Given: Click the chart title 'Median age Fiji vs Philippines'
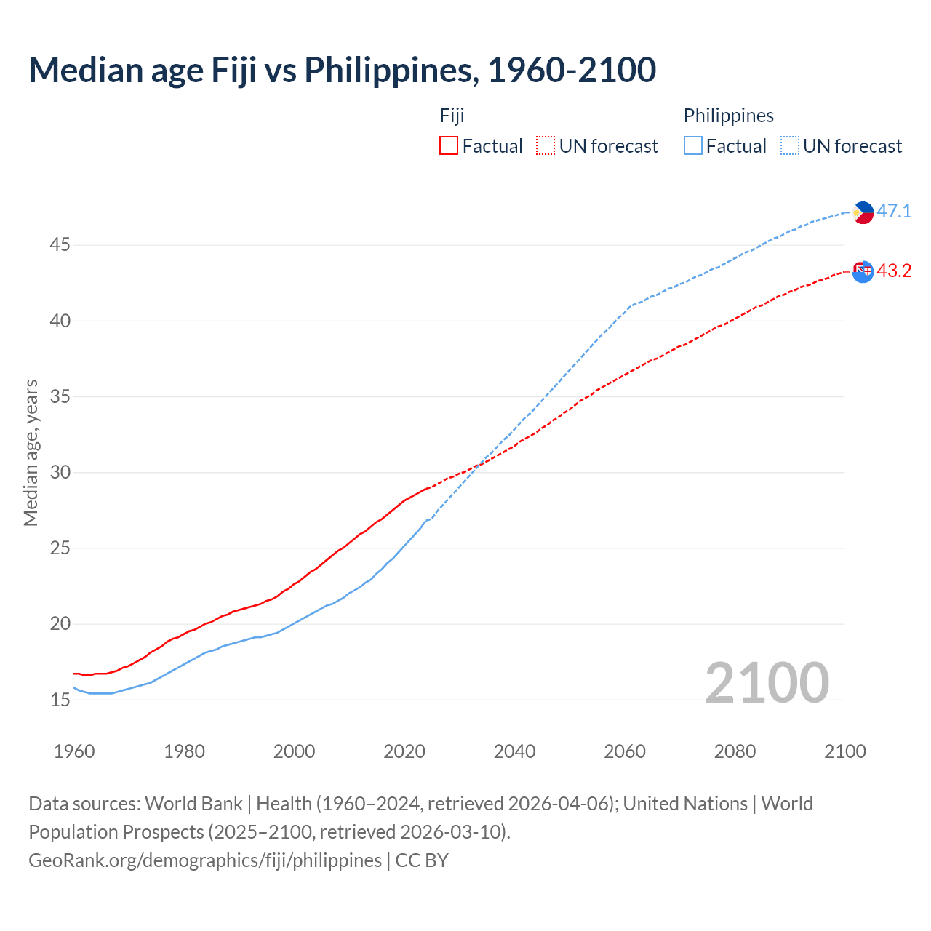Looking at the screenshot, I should (342, 71).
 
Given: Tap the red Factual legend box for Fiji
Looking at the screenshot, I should (449, 146).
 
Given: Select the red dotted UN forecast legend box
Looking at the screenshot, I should (546, 146).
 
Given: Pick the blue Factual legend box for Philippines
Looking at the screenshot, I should (693, 146).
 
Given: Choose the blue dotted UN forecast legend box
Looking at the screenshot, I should (790, 146).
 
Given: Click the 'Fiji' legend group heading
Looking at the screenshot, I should (452, 116).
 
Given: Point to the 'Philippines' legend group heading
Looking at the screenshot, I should (728, 116).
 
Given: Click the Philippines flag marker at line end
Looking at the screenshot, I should (863, 212).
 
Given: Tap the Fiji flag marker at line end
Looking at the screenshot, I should (863, 272).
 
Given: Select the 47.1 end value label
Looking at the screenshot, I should (894, 212).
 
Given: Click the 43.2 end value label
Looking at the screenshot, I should (894, 271).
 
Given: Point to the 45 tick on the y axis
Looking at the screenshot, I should (60, 245).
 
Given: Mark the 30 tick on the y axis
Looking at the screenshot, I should (60, 473).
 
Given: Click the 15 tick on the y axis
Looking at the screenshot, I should (60, 700).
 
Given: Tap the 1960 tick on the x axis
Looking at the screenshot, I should (74, 751).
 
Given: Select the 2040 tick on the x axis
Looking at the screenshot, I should (514, 751).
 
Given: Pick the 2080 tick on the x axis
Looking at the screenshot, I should (735, 751).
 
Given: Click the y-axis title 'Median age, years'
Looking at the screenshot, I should (31, 452).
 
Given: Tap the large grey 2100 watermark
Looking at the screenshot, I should (767, 683).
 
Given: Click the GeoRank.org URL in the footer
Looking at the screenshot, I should (205, 860).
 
